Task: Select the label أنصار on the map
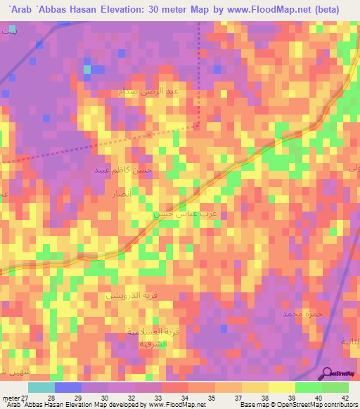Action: click(x=115, y=191)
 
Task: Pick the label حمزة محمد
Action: click(x=302, y=313)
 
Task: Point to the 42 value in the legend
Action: click(x=344, y=397)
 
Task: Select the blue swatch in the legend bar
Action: click(x=68, y=387)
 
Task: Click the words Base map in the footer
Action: click(x=254, y=405)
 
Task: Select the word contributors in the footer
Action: click(x=342, y=405)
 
